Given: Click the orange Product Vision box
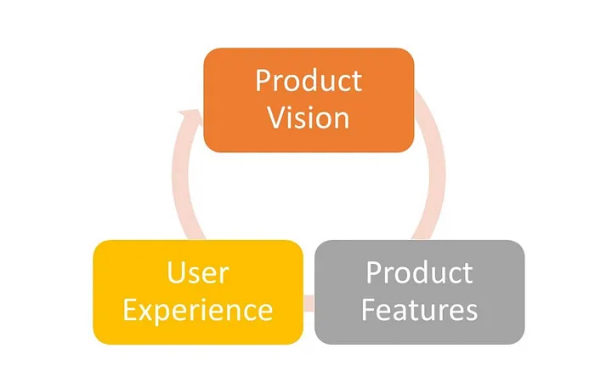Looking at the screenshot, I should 309,100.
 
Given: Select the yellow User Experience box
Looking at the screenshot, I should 197,292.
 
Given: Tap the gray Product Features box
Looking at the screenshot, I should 419,292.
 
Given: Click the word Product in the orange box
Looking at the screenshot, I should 309,82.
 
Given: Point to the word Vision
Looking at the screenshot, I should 309,117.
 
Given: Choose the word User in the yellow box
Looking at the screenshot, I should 197,274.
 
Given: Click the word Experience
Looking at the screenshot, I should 197,310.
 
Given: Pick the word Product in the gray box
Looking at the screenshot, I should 419,274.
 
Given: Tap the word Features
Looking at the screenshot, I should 419,310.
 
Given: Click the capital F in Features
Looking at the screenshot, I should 369,309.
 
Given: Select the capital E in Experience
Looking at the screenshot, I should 129,309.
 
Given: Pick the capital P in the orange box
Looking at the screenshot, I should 263,81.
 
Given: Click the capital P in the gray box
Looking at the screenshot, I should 373,273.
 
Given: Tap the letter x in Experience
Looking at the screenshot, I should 146,311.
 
